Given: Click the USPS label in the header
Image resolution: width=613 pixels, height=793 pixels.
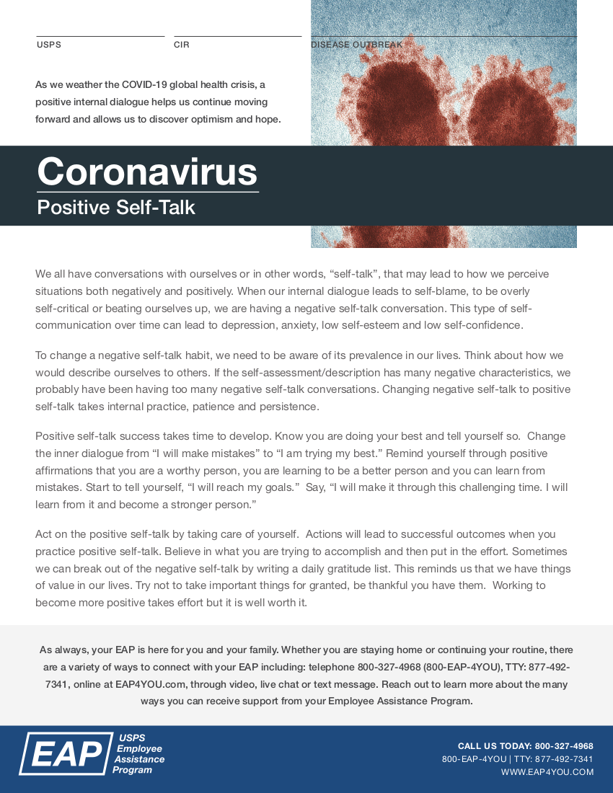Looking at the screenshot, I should [49, 45].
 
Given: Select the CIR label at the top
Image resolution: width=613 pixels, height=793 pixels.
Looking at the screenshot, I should [181, 45].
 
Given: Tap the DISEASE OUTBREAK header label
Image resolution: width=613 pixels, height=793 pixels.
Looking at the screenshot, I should [356, 45].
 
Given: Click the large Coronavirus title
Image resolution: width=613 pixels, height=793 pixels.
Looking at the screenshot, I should [147, 172].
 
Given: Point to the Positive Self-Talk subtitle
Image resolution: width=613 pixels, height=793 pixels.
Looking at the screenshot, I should [116, 208].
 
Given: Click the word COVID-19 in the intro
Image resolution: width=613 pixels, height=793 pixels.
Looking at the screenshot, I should [147, 85].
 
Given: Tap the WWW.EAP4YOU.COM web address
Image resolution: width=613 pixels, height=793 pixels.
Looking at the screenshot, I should [547, 772].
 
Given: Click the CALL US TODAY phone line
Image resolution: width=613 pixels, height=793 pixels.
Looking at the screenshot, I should [525, 746].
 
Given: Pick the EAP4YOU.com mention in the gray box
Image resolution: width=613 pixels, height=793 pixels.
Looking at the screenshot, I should [151, 684].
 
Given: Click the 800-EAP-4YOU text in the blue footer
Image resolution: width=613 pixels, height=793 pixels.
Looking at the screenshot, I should [474, 759].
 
